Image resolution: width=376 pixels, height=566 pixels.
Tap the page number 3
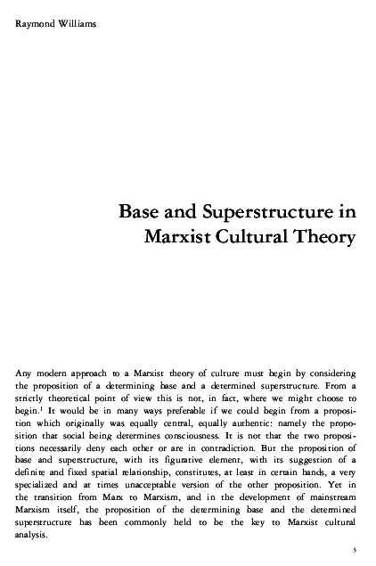click(355, 550)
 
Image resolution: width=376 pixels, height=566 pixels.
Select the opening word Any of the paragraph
click(27, 369)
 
